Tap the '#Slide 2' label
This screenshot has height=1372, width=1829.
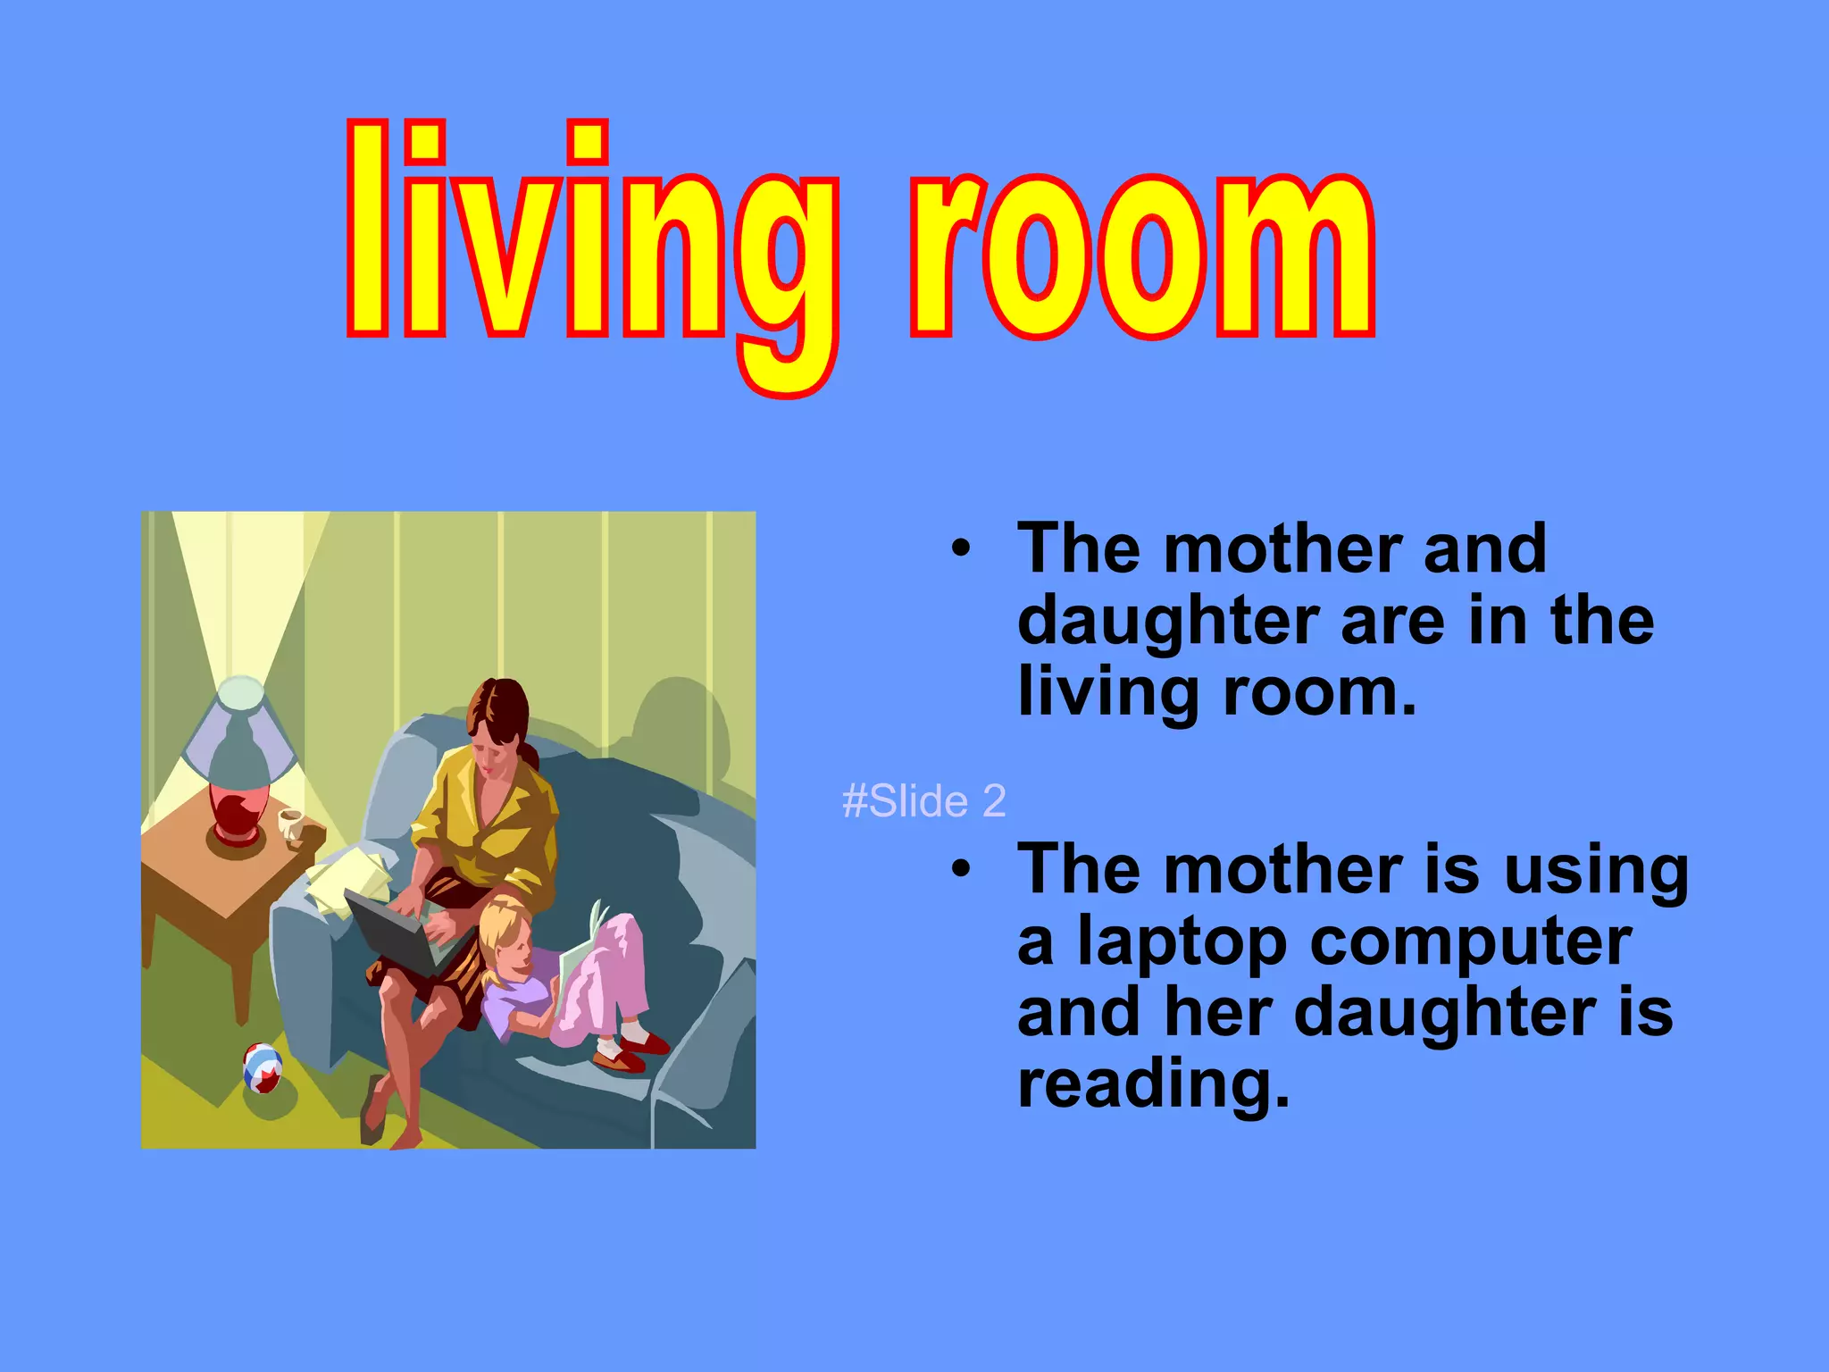923,801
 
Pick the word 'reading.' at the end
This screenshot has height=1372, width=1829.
1153,1085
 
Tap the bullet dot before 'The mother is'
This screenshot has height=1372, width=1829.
960,868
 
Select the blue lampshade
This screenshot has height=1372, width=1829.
239,728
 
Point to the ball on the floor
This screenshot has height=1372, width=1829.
263,1067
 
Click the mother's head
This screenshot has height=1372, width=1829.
497,719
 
